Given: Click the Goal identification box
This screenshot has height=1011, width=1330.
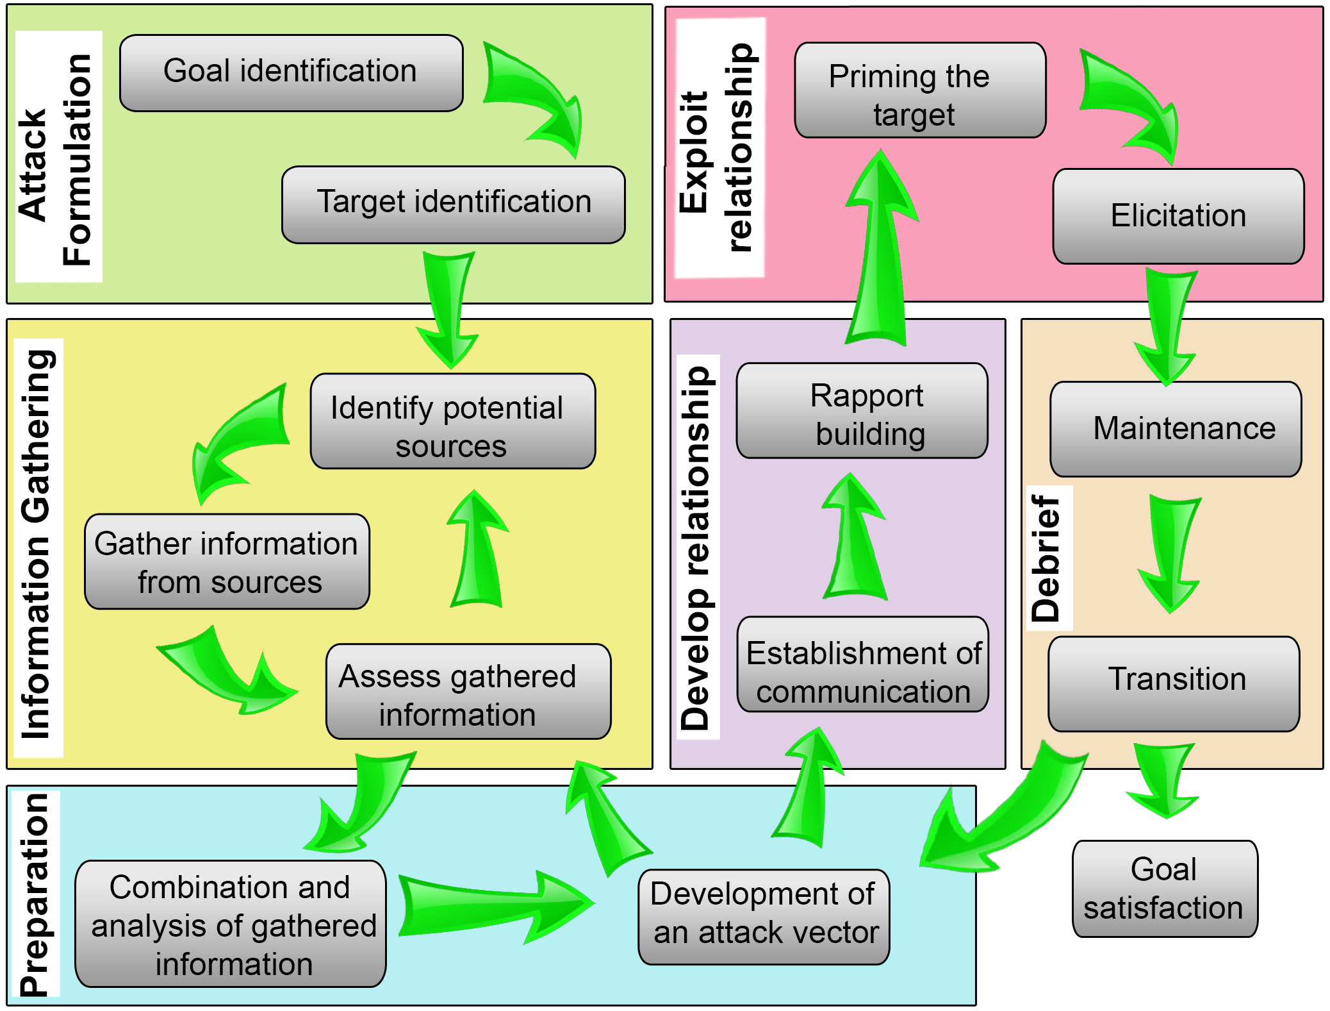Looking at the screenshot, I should click(291, 73).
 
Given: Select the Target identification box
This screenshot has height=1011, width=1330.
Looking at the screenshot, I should click(453, 205).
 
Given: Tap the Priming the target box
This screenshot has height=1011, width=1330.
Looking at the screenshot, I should click(920, 90).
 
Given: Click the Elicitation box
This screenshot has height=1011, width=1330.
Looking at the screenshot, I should click(1178, 216).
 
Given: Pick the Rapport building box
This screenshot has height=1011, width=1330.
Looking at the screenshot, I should click(862, 411).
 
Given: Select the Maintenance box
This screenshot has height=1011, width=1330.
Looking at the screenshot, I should click(1176, 429).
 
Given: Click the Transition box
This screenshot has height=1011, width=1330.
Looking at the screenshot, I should click(1174, 683).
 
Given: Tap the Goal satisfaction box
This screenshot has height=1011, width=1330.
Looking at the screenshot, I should click(1165, 889).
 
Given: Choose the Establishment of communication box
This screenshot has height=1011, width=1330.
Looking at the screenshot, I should click(862, 664).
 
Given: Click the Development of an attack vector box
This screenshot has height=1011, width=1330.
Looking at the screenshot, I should click(764, 917).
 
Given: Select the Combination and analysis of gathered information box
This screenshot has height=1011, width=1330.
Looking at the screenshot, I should click(231, 924).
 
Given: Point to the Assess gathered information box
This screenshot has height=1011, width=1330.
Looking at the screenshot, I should click(468, 691).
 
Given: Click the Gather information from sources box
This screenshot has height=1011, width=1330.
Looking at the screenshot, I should click(227, 562).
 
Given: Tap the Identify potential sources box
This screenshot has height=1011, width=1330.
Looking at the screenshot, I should click(452, 421).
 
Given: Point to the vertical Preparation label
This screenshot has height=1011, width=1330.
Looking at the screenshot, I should click(36, 894).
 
